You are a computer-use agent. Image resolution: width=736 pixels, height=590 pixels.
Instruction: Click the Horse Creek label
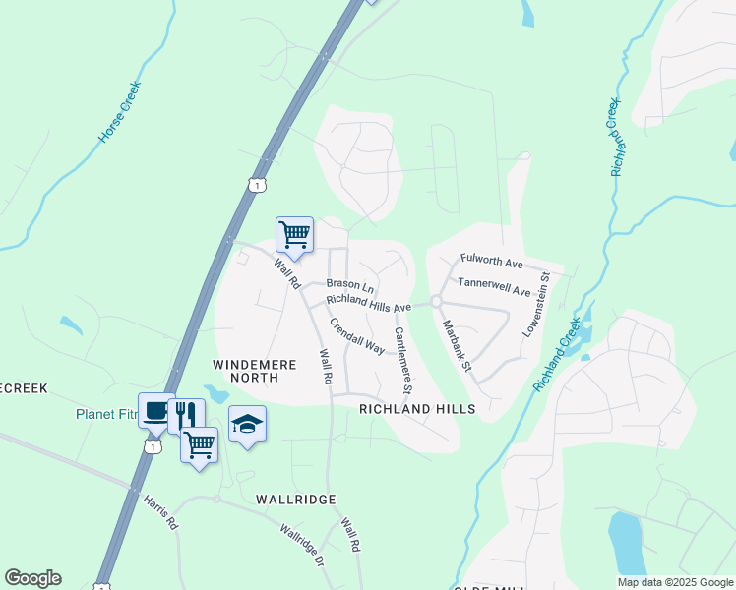[122, 112]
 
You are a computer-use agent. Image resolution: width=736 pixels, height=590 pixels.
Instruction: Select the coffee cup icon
[156, 411]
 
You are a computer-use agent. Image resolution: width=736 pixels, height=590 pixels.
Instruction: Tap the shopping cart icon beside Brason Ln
[294, 234]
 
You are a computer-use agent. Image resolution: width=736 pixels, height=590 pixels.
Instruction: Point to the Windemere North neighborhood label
[255, 371]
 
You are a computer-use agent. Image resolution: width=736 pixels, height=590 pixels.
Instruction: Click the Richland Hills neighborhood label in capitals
[417, 408]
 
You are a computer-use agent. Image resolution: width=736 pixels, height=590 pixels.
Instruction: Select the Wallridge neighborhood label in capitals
[297, 500]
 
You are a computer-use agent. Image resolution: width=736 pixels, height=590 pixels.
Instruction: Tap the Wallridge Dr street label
[301, 547]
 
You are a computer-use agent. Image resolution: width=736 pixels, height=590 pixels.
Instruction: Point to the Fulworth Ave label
[491, 263]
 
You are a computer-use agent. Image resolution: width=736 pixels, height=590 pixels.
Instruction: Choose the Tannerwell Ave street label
[494, 286]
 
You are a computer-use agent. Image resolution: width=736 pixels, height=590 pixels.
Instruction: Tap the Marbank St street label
[457, 345]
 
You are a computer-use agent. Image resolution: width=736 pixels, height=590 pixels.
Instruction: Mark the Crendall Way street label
[356, 335]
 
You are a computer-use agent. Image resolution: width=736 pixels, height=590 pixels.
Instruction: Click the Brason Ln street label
[350, 284]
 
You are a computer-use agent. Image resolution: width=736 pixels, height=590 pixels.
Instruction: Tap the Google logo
[32, 578]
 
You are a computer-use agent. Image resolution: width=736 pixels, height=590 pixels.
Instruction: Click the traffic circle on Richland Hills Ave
[435, 301]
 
